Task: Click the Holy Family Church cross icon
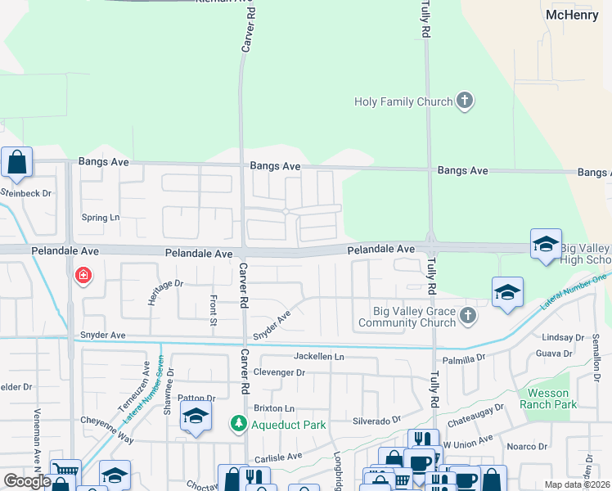(465, 102)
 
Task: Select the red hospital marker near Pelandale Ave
(83, 276)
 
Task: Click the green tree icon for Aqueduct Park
(238, 424)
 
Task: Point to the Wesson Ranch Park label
(553, 399)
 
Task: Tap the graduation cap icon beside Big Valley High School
(546, 245)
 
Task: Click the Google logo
(27, 481)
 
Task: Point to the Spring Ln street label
(101, 218)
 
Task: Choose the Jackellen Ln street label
(319, 357)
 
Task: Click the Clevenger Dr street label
(278, 372)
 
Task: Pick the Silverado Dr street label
(376, 419)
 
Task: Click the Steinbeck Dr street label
(25, 193)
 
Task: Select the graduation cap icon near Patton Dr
(196, 417)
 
